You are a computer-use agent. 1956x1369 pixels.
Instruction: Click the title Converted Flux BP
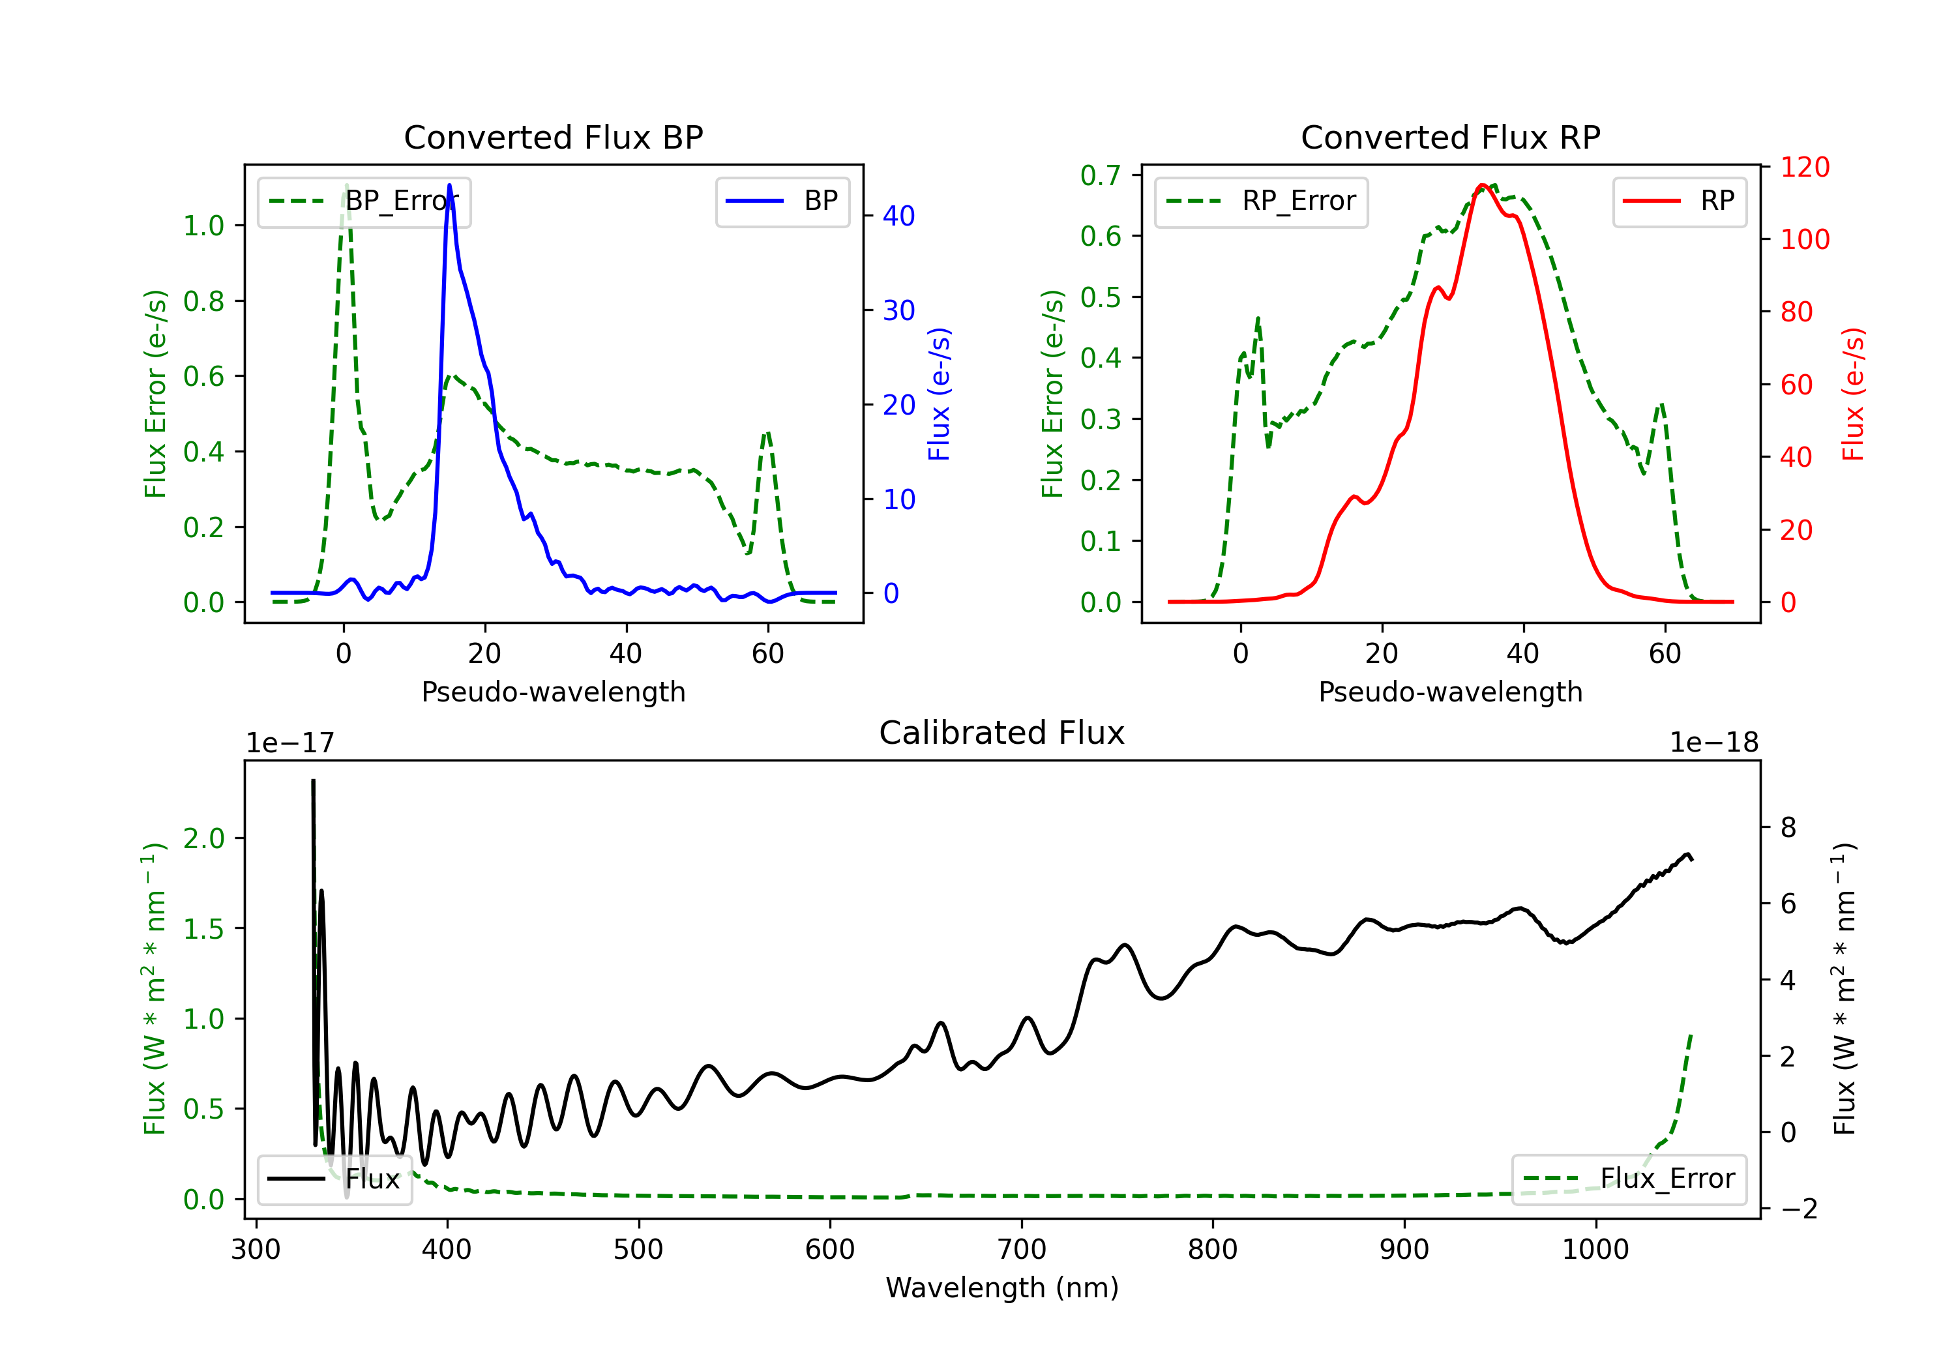coord(554,137)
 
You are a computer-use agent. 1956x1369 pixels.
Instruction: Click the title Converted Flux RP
coord(1451,137)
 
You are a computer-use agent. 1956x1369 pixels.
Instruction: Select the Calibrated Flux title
coord(1002,733)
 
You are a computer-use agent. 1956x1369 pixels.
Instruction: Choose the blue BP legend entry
coord(782,201)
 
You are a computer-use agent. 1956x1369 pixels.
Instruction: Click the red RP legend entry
coord(1679,201)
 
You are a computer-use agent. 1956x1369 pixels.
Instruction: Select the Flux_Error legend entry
coord(1629,1179)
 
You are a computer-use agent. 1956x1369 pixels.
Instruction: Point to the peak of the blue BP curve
coord(449,185)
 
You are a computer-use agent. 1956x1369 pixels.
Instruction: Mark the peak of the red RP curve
coord(1483,185)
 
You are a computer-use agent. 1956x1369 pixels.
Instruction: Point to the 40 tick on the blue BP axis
coord(898,216)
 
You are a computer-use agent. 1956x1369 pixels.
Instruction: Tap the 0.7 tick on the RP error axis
coord(1101,175)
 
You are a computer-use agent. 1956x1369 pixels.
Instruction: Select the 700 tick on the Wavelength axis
coord(1022,1249)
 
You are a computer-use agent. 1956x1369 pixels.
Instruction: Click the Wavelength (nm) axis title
coord(1002,1288)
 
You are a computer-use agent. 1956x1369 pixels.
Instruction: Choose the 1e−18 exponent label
coord(1714,743)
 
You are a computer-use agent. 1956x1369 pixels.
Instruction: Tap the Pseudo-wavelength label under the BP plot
coord(554,692)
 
